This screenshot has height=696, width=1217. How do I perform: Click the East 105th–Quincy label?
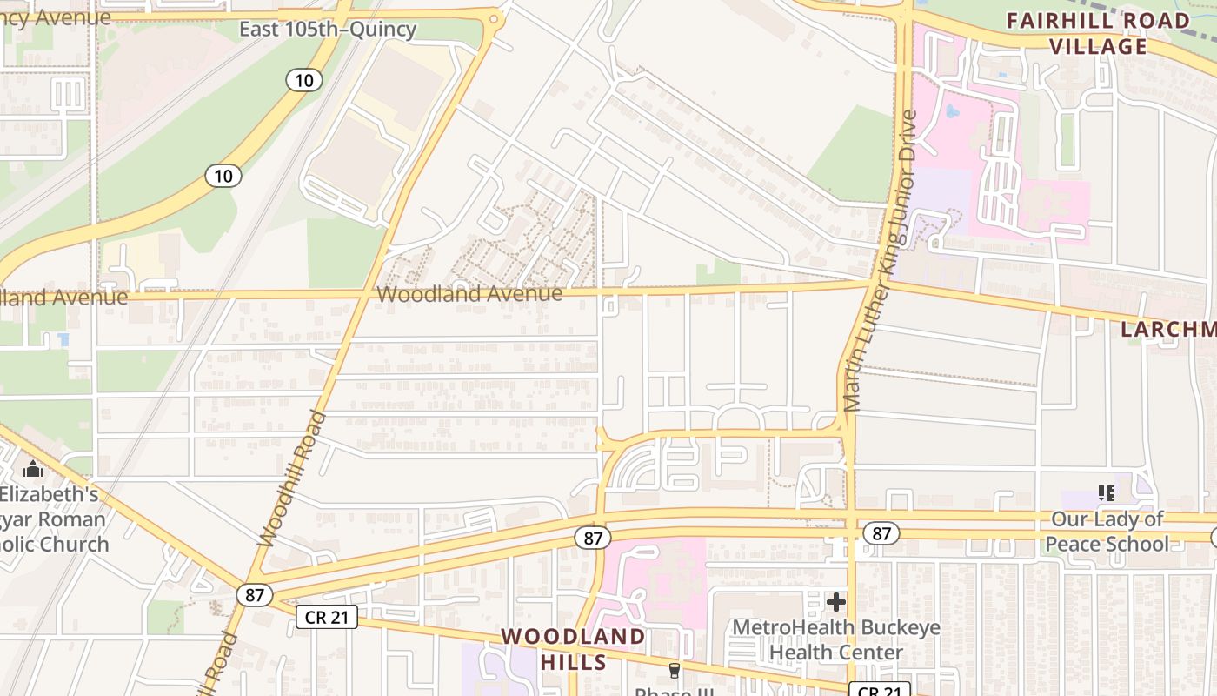point(328,30)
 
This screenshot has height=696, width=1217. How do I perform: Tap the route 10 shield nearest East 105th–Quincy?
point(303,81)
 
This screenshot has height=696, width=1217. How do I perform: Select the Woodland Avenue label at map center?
point(469,294)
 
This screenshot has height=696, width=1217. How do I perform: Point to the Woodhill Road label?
point(294,478)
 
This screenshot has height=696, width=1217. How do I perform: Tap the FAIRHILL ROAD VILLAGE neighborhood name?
point(1098,33)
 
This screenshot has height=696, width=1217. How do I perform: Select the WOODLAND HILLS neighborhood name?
point(573,649)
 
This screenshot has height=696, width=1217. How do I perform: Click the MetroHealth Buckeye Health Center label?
point(835,639)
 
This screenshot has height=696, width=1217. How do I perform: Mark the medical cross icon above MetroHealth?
point(836,601)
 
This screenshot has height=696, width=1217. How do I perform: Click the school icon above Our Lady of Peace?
point(1107,493)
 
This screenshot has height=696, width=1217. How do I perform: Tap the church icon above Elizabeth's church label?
point(33,470)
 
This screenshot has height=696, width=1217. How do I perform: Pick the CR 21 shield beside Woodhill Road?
point(327,618)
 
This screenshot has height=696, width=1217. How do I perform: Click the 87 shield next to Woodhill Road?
point(254,595)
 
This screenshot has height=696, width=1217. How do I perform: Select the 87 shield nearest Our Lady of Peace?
point(881,533)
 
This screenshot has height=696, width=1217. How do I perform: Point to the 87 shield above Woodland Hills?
point(593,538)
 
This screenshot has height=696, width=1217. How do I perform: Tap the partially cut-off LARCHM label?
point(1167,329)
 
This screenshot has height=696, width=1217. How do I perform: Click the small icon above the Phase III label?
point(674,671)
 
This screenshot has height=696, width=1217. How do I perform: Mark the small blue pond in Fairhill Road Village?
point(952,112)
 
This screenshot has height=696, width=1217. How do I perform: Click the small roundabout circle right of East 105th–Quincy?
point(494,18)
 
